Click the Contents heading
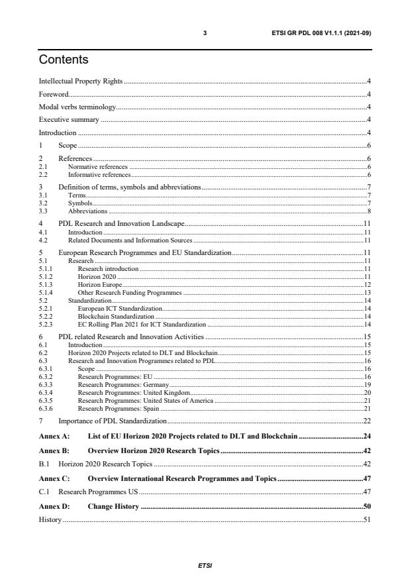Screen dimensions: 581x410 tap(64, 60)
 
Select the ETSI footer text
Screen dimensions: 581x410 tap(205, 566)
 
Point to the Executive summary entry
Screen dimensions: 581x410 tap(69, 120)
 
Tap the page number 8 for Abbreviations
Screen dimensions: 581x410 tap(368, 211)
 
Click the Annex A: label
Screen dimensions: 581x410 tap(55, 438)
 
